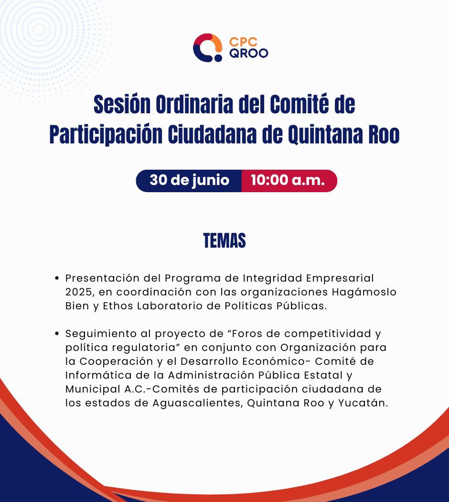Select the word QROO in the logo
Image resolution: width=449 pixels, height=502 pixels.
point(248,53)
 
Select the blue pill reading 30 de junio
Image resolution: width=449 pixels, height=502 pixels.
point(189,181)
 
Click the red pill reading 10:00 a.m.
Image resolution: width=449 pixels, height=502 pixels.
point(288,181)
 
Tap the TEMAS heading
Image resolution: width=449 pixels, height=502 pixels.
point(224,241)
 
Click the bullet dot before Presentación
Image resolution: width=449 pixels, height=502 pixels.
point(57,278)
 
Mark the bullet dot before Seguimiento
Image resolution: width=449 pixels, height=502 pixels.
point(57,334)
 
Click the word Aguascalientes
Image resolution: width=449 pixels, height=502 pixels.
point(199,403)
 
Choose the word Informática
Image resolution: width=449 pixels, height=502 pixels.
point(93,375)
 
